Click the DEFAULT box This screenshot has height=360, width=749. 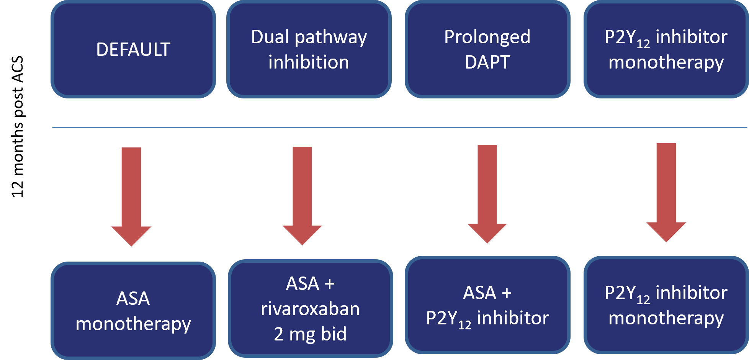click(133, 49)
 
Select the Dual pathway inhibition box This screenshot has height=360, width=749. click(309, 49)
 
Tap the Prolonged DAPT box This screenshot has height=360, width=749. click(487, 49)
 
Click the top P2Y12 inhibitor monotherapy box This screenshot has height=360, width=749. click(666, 49)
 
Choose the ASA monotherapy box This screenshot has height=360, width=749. click(133, 311)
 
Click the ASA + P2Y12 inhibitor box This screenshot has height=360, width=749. click(487, 305)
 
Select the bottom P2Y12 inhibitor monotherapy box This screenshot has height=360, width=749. click(666, 305)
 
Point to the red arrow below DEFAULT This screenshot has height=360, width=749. click(131, 195)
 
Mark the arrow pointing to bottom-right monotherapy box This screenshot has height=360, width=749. click(666, 191)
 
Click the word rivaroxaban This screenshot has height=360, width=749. click(310, 309)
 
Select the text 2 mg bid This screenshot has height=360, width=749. click(310, 334)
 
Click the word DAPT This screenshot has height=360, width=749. click(487, 62)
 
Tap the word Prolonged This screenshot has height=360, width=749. click(487, 38)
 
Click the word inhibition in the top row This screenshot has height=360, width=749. click(309, 62)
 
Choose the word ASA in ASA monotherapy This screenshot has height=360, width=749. click(133, 298)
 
